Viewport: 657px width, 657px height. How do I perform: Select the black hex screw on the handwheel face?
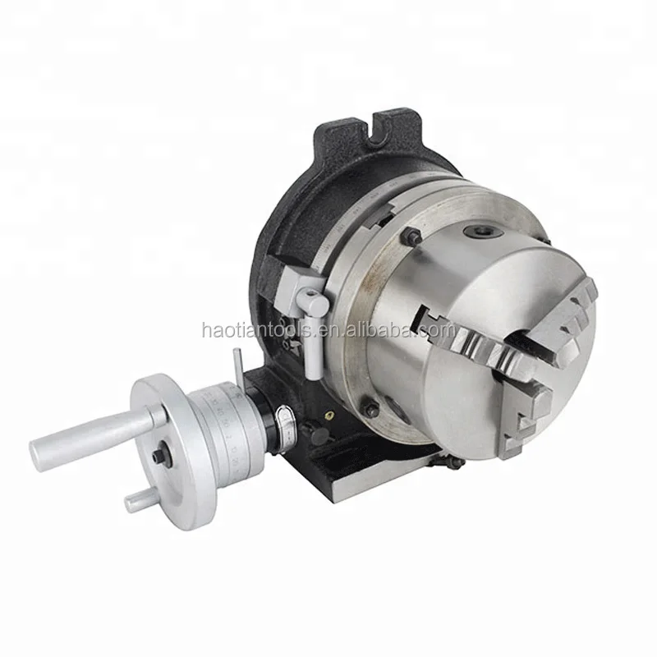159,455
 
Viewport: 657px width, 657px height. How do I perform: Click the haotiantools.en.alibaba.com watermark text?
328,330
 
